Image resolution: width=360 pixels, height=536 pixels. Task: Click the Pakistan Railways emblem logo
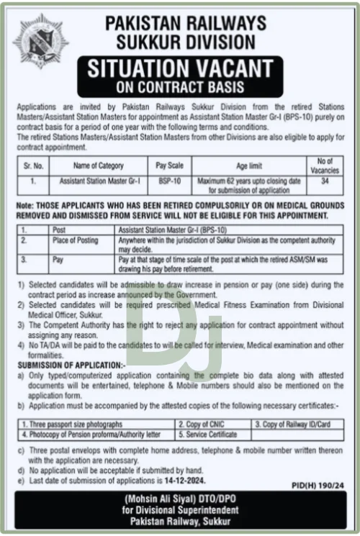pos(40,43)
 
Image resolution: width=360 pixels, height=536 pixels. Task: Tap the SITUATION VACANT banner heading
pos(180,70)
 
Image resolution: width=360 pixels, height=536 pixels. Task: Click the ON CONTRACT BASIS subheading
pos(180,88)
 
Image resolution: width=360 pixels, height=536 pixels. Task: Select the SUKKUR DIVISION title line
pos(180,41)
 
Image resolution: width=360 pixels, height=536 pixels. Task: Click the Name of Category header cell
pos(98,165)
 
